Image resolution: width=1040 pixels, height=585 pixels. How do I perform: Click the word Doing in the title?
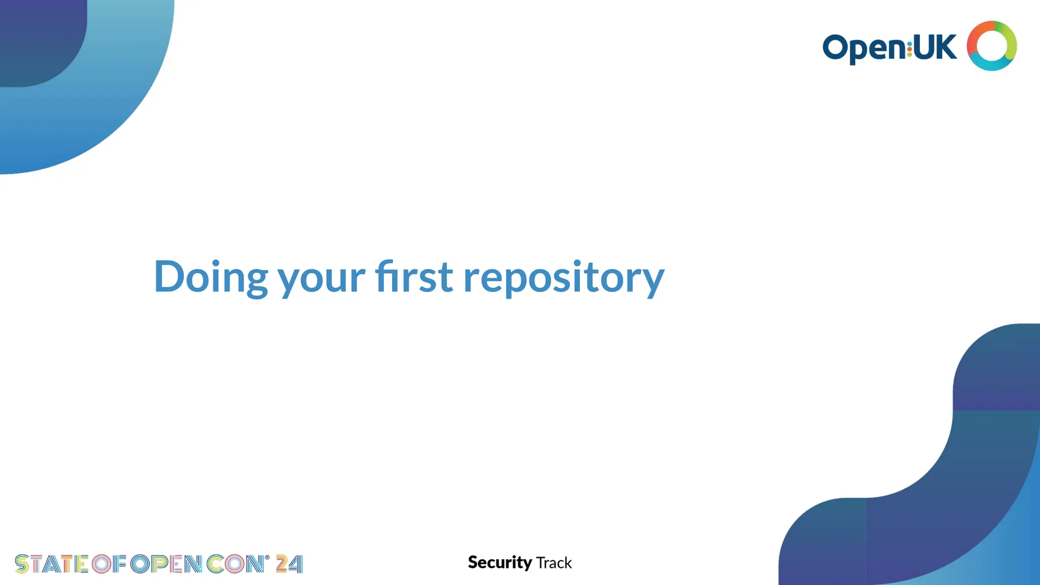click(210, 277)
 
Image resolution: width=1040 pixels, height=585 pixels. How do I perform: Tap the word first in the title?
click(414, 277)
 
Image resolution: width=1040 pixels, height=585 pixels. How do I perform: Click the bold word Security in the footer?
click(500, 563)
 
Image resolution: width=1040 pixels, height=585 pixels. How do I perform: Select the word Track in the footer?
click(554, 563)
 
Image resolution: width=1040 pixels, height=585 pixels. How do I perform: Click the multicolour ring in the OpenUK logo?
click(991, 46)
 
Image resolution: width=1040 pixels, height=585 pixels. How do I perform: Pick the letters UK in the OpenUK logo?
click(935, 47)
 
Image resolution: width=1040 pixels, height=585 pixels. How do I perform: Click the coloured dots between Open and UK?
click(909, 48)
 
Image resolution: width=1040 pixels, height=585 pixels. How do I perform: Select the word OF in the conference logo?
click(109, 564)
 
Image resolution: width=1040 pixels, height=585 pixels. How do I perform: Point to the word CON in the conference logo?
click(235, 564)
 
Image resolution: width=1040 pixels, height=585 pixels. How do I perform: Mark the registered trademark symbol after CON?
click(267, 558)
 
